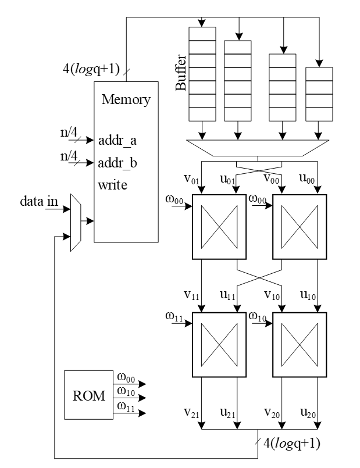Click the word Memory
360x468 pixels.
(x=126, y=99)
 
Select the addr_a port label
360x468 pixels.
(x=118, y=140)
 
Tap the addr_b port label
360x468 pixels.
(x=118, y=163)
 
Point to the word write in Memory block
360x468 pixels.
(x=113, y=185)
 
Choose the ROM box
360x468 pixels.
(x=88, y=396)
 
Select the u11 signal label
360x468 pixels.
(x=228, y=295)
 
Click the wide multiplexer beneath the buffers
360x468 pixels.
(x=258, y=147)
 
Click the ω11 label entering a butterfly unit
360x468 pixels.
(x=174, y=316)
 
